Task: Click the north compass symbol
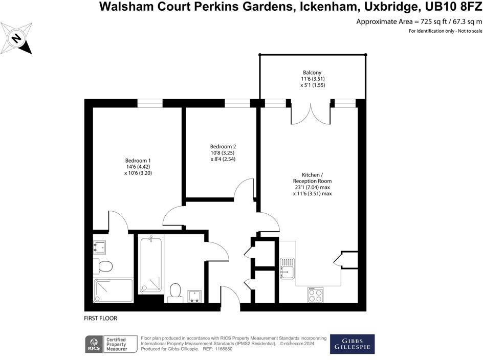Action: pyautogui.click(x=17, y=39)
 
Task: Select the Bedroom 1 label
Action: pyautogui.click(x=138, y=166)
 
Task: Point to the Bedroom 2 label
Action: pyautogui.click(x=223, y=152)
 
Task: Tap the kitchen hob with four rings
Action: pyautogui.click(x=315, y=295)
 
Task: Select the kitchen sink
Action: pyautogui.click(x=287, y=267)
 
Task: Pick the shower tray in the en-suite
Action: pyautogui.click(x=113, y=290)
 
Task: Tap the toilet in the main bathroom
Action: pyautogui.click(x=175, y=291)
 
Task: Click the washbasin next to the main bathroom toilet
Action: pyautogui.click(x=195, y=296)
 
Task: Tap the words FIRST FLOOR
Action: pyautogui.click(x=101, y=319)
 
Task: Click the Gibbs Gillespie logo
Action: pyautogui.click(x=352, y=344)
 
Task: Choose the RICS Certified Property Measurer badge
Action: pyautogui.click(x=112, y=344)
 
